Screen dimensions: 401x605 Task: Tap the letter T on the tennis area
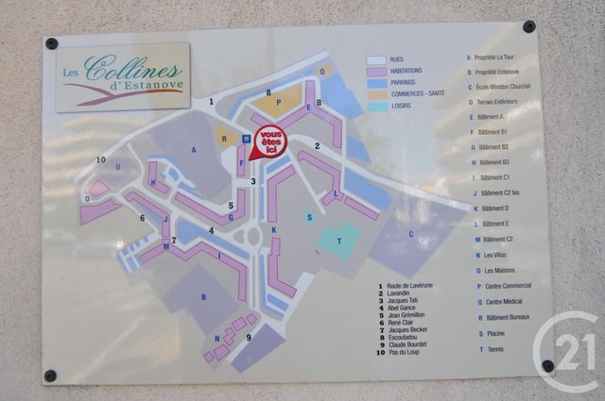click(x=337, y=242)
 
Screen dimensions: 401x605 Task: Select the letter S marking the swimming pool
click(x=309, y=216)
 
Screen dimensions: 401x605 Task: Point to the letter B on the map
click(x=203, y=297)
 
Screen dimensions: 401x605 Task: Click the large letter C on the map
click(x=410, y=234)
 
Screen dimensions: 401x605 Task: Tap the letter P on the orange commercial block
click(x=279, y=101)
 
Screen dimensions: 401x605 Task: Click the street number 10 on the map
click(x=101, y=159)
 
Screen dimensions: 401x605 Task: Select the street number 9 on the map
click(x=249, y=337)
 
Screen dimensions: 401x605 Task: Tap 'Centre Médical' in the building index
click(x=502, y=303)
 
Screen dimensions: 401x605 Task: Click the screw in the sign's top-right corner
click(x=528, y=26)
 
